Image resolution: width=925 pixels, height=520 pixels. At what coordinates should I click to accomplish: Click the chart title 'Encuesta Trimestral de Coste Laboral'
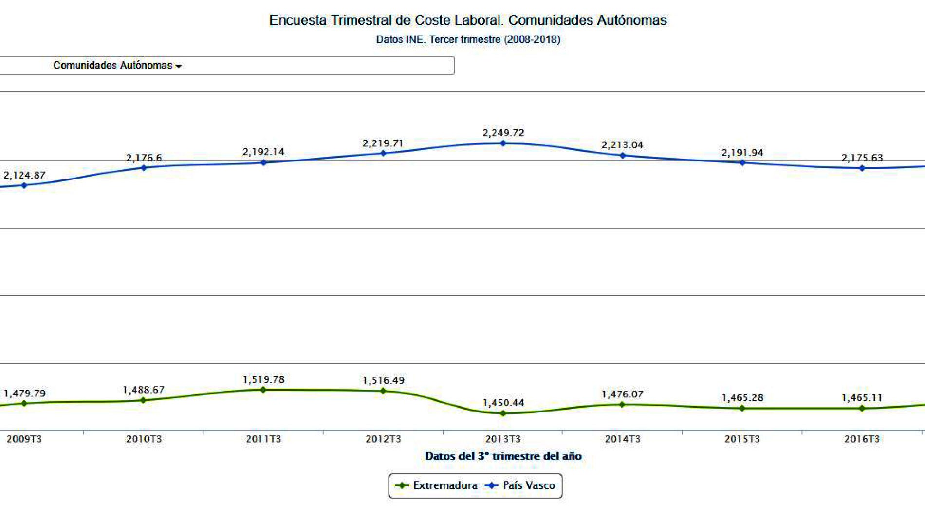click(467, 20)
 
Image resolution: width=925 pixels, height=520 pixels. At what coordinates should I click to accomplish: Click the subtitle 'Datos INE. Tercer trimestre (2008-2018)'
click(468, 39)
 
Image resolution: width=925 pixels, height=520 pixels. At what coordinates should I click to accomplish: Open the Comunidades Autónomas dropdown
click(117, 66)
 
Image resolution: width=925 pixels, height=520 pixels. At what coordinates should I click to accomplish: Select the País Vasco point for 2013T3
click(503, 143)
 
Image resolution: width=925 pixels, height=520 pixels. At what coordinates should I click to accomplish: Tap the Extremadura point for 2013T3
click(503, 413)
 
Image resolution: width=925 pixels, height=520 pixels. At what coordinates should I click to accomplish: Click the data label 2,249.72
click(503, 133)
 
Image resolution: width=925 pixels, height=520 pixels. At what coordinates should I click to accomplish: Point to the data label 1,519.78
click(263, 379)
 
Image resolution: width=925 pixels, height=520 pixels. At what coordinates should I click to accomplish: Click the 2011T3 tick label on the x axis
click(263, 439)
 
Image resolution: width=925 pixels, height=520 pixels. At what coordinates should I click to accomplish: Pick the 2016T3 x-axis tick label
click(862, 439)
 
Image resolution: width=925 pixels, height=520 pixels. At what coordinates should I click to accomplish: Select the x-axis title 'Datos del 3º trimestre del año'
click(503, 456)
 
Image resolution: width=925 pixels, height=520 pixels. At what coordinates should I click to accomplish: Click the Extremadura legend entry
click(437, 485)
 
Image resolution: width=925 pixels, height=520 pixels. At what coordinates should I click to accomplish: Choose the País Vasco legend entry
click(521, 485)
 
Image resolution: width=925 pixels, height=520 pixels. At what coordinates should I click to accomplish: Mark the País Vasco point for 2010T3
click(144, 168)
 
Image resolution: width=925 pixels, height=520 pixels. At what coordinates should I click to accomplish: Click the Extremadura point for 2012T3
click(383, 391)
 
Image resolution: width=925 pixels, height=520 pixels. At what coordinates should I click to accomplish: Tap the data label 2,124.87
click(24, 175)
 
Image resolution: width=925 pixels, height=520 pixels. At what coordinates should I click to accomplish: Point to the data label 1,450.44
click(503, 403)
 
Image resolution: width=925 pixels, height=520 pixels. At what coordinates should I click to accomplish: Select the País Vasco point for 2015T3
click(742, 162)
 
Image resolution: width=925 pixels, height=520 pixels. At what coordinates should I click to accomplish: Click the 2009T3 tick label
click(24, 439)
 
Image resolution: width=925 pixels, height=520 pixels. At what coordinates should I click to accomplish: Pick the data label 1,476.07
click(622, 394)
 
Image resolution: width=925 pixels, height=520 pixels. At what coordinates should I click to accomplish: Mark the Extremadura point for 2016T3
click(862, 409)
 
